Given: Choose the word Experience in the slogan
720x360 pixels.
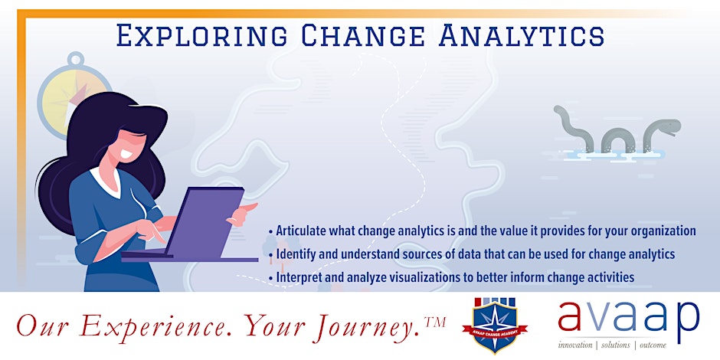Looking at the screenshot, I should point(137,327).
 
